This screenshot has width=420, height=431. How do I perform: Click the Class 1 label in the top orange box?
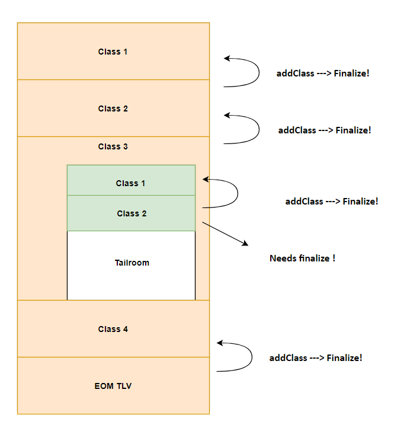point(113,52)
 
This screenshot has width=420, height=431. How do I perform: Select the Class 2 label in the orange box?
point(113,108)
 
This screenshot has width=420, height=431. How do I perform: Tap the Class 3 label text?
point(113,146)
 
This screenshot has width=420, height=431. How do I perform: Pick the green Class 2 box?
point(131,213)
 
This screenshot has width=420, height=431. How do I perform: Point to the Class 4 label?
point(113,329)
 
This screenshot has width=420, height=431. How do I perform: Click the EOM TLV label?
point(113,386)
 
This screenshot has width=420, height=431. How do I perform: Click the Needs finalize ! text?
point(302,258)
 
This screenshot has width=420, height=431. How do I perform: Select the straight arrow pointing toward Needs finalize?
point(225,234)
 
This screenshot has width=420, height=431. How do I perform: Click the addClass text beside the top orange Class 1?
point(295,74)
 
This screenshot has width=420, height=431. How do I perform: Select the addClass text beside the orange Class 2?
point(297,130)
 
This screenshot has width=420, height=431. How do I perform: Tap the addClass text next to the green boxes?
point(304,202)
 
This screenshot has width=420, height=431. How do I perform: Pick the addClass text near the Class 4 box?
point(288,358)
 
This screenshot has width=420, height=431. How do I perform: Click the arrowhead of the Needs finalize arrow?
point(245,244)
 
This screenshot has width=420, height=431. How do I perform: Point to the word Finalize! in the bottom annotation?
point(344,358)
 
